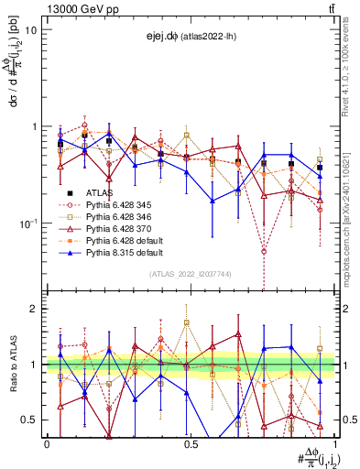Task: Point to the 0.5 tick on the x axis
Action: tap(191, 444)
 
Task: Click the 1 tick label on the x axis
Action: tap(333, 444)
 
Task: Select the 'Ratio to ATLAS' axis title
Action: tap(11, 364)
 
